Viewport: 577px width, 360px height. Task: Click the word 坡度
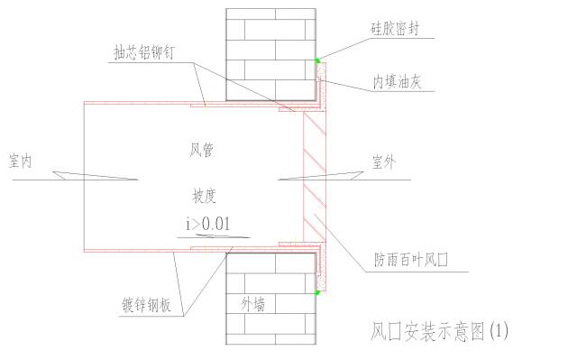[x=204, y=195]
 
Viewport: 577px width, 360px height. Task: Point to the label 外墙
[x=252, y=304]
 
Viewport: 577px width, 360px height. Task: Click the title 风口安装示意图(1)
[x=439, y=332]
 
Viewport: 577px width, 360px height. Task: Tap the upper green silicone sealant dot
[x=317, y=61]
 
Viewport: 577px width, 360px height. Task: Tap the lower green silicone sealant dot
[x=317, y=292]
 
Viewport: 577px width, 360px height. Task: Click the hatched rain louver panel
[x=315, y=176]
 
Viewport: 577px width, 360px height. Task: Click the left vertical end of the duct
[x=83, y=176]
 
